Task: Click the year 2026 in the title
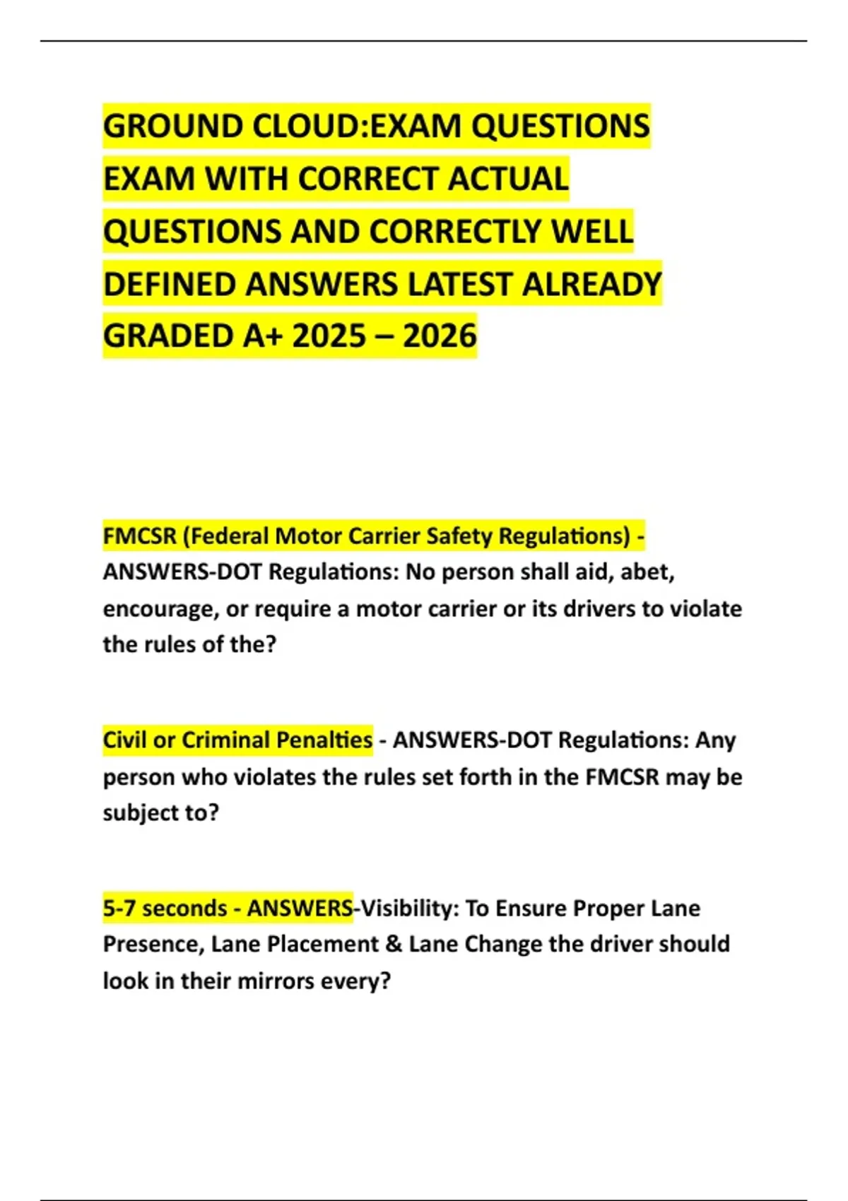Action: [x=440, y=336]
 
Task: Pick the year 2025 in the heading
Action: [x=328, y=336]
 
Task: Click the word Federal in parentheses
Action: [x=229, y=536]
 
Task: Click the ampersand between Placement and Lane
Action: [x=394, y=945]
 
